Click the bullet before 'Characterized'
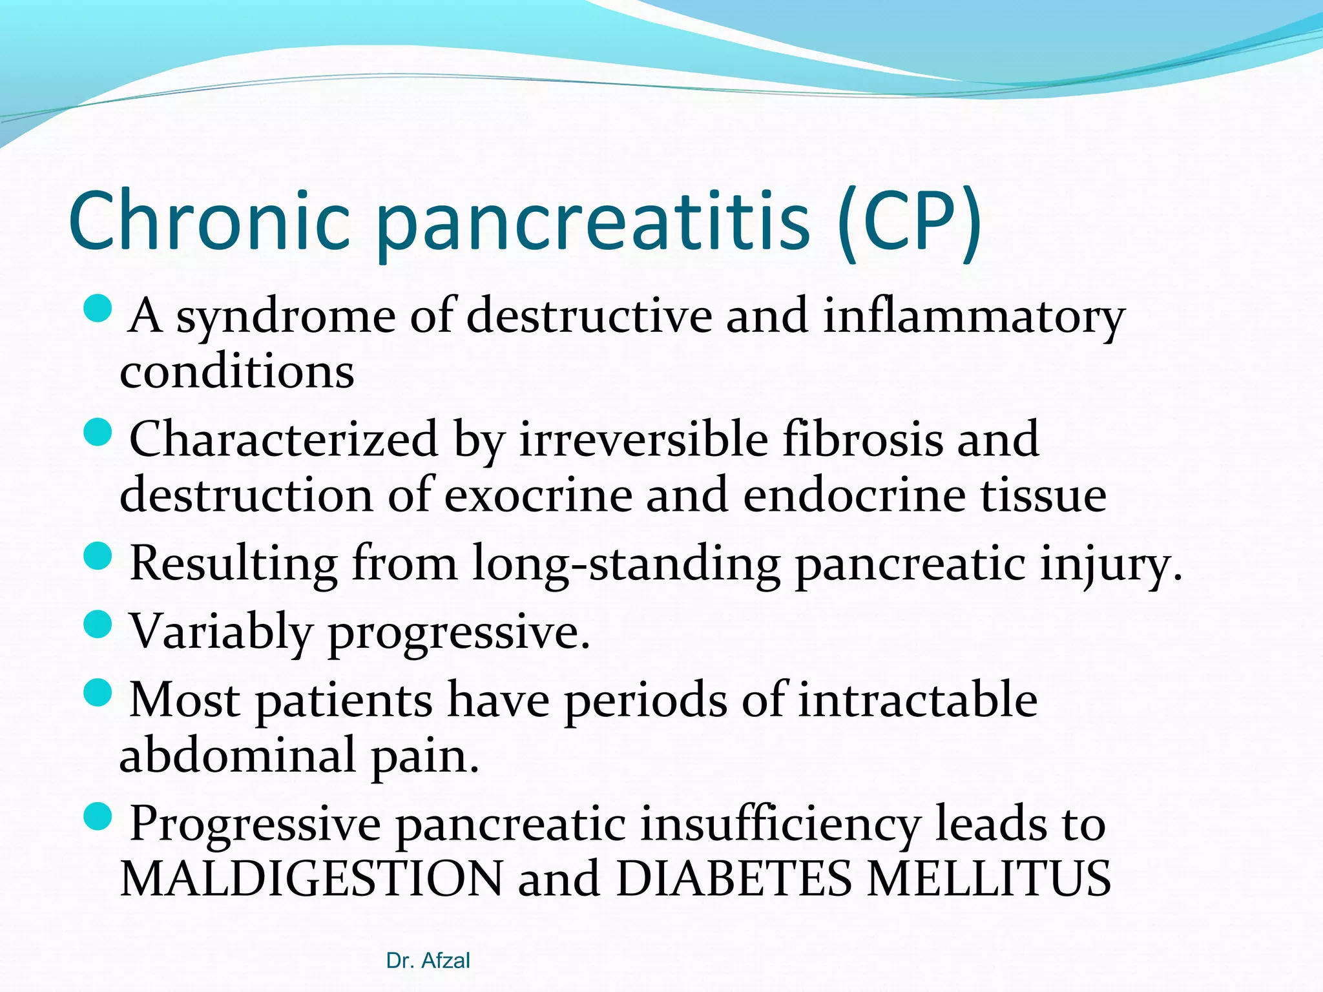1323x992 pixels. pyautogui.click(x=98, y=432)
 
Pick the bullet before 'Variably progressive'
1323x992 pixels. pyautogui.click(x=98, y=625)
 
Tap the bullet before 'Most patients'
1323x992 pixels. pyautogui.click(x=98, y=693)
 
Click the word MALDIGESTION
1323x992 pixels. pyautogui.click(x=311, y=879)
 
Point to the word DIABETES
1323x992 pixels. pyautogui.click(x=734, y=879)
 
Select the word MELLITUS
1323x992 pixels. pyautogui.click(x=988, y=879)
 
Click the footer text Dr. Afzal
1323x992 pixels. pyautogui.click(x=428, y=961)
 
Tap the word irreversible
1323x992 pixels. pyautogui.click(x=643, y=439)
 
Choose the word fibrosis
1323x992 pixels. pyautogui.click(x=862, y=439)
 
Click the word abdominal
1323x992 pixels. pyautogui.click(x=238, y=756)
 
